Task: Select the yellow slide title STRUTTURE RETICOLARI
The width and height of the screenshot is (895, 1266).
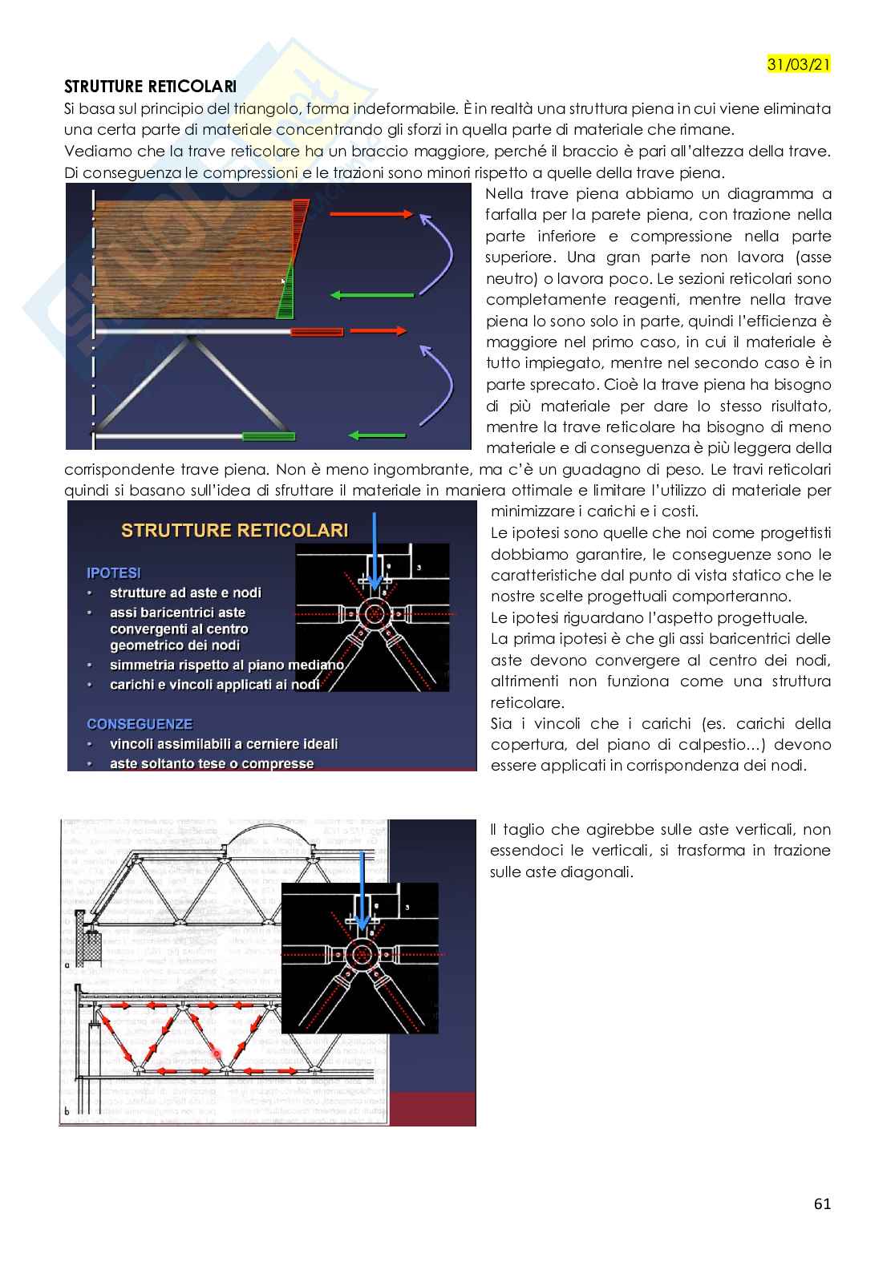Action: click(x=234, y=530)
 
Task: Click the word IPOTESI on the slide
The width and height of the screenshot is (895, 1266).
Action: click(x=113, y=572)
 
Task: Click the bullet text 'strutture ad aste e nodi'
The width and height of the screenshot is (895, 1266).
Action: click(x=185, y=593)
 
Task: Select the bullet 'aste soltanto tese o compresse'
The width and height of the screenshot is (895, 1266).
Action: click(x=211, y=763)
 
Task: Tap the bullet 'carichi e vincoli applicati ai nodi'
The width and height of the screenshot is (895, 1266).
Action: click(x=214, y=684)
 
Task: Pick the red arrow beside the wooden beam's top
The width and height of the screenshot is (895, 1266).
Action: click(x=371, y=215)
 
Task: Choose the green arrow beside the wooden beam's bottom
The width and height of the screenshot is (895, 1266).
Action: click(x=373, y=295)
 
